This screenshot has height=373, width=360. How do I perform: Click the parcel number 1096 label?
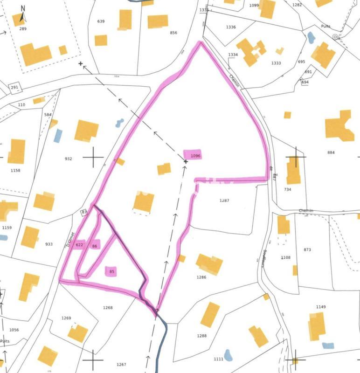195,156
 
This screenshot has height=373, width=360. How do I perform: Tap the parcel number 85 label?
111,271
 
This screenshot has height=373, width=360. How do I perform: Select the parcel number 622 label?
79,245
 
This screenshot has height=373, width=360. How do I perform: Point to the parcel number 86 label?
95,246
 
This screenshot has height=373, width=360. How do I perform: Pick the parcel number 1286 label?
201,277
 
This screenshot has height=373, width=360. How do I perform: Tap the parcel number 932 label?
69,159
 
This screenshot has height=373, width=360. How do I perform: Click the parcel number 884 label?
331,152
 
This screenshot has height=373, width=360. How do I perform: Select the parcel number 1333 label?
276,63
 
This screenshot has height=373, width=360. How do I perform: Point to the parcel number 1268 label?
108,308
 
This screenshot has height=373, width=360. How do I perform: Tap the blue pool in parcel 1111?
228,355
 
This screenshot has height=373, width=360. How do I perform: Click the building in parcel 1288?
210,315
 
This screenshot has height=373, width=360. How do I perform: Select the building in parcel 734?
293,171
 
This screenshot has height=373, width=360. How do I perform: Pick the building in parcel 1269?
78,333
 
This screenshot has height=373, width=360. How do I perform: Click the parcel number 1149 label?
321,307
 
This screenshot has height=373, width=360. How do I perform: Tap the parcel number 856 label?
174,33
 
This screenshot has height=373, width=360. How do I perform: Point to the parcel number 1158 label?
16,170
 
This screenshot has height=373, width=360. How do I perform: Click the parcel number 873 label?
307,250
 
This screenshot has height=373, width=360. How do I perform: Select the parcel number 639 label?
101,21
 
